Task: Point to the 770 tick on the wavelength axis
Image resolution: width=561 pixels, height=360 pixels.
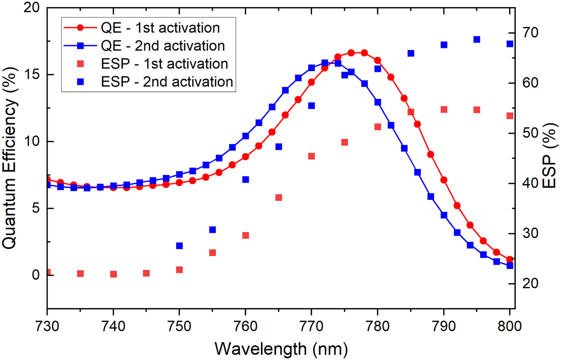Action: tap(311, 326)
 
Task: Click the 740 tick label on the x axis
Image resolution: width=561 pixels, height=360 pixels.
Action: tap(113, 326)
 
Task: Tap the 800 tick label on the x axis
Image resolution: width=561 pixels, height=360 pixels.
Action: tap(509, 326)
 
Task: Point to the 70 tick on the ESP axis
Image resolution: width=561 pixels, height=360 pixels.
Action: tap(530, 33)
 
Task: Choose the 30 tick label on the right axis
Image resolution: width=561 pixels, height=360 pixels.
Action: tap(530, 234)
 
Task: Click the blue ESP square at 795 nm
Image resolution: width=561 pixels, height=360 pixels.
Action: tap(477, 40)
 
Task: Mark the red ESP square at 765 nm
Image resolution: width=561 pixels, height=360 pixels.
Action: tap(279, 198)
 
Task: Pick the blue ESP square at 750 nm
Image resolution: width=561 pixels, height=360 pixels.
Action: tap(179, 246)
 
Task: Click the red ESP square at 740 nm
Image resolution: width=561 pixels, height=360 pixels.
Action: tap(113, 274)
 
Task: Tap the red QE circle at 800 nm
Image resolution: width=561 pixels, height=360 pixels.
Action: tap(510, 259)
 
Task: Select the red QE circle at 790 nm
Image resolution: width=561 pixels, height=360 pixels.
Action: tap(444, 180)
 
